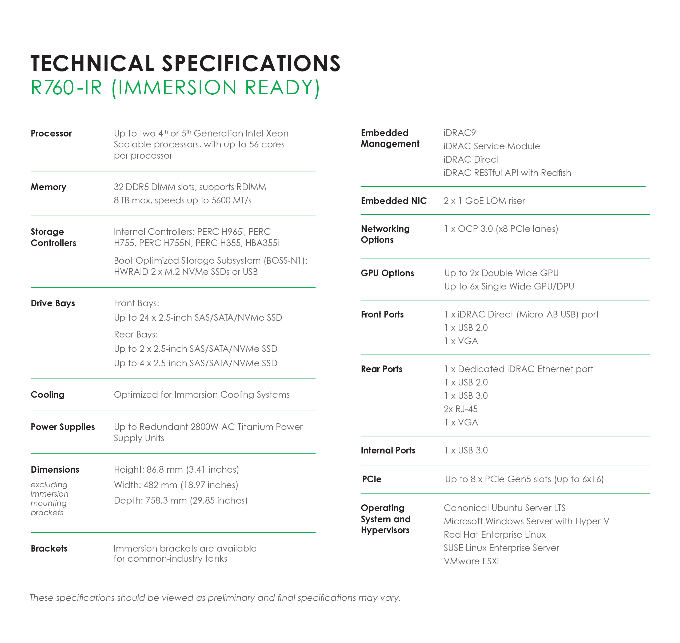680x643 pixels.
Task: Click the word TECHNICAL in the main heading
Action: (92, 63)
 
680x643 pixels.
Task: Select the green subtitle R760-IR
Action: (66, 88)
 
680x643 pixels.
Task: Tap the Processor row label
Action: (51, 133)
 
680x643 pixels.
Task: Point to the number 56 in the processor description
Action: (254, 144)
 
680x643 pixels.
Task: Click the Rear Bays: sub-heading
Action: (136, 334)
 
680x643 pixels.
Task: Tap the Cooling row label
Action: (47, 395)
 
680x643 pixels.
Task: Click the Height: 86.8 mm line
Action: (176, 469)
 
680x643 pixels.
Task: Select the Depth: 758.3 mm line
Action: (180, 500)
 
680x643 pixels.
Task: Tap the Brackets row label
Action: (49, 548)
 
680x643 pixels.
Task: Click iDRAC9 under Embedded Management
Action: (459, 133)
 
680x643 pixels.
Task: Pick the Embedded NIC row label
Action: (393, 201)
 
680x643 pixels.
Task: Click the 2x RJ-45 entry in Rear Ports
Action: (461, 409)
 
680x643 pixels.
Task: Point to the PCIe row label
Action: (372, 479)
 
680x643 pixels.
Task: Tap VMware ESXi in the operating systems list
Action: (471, 561)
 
